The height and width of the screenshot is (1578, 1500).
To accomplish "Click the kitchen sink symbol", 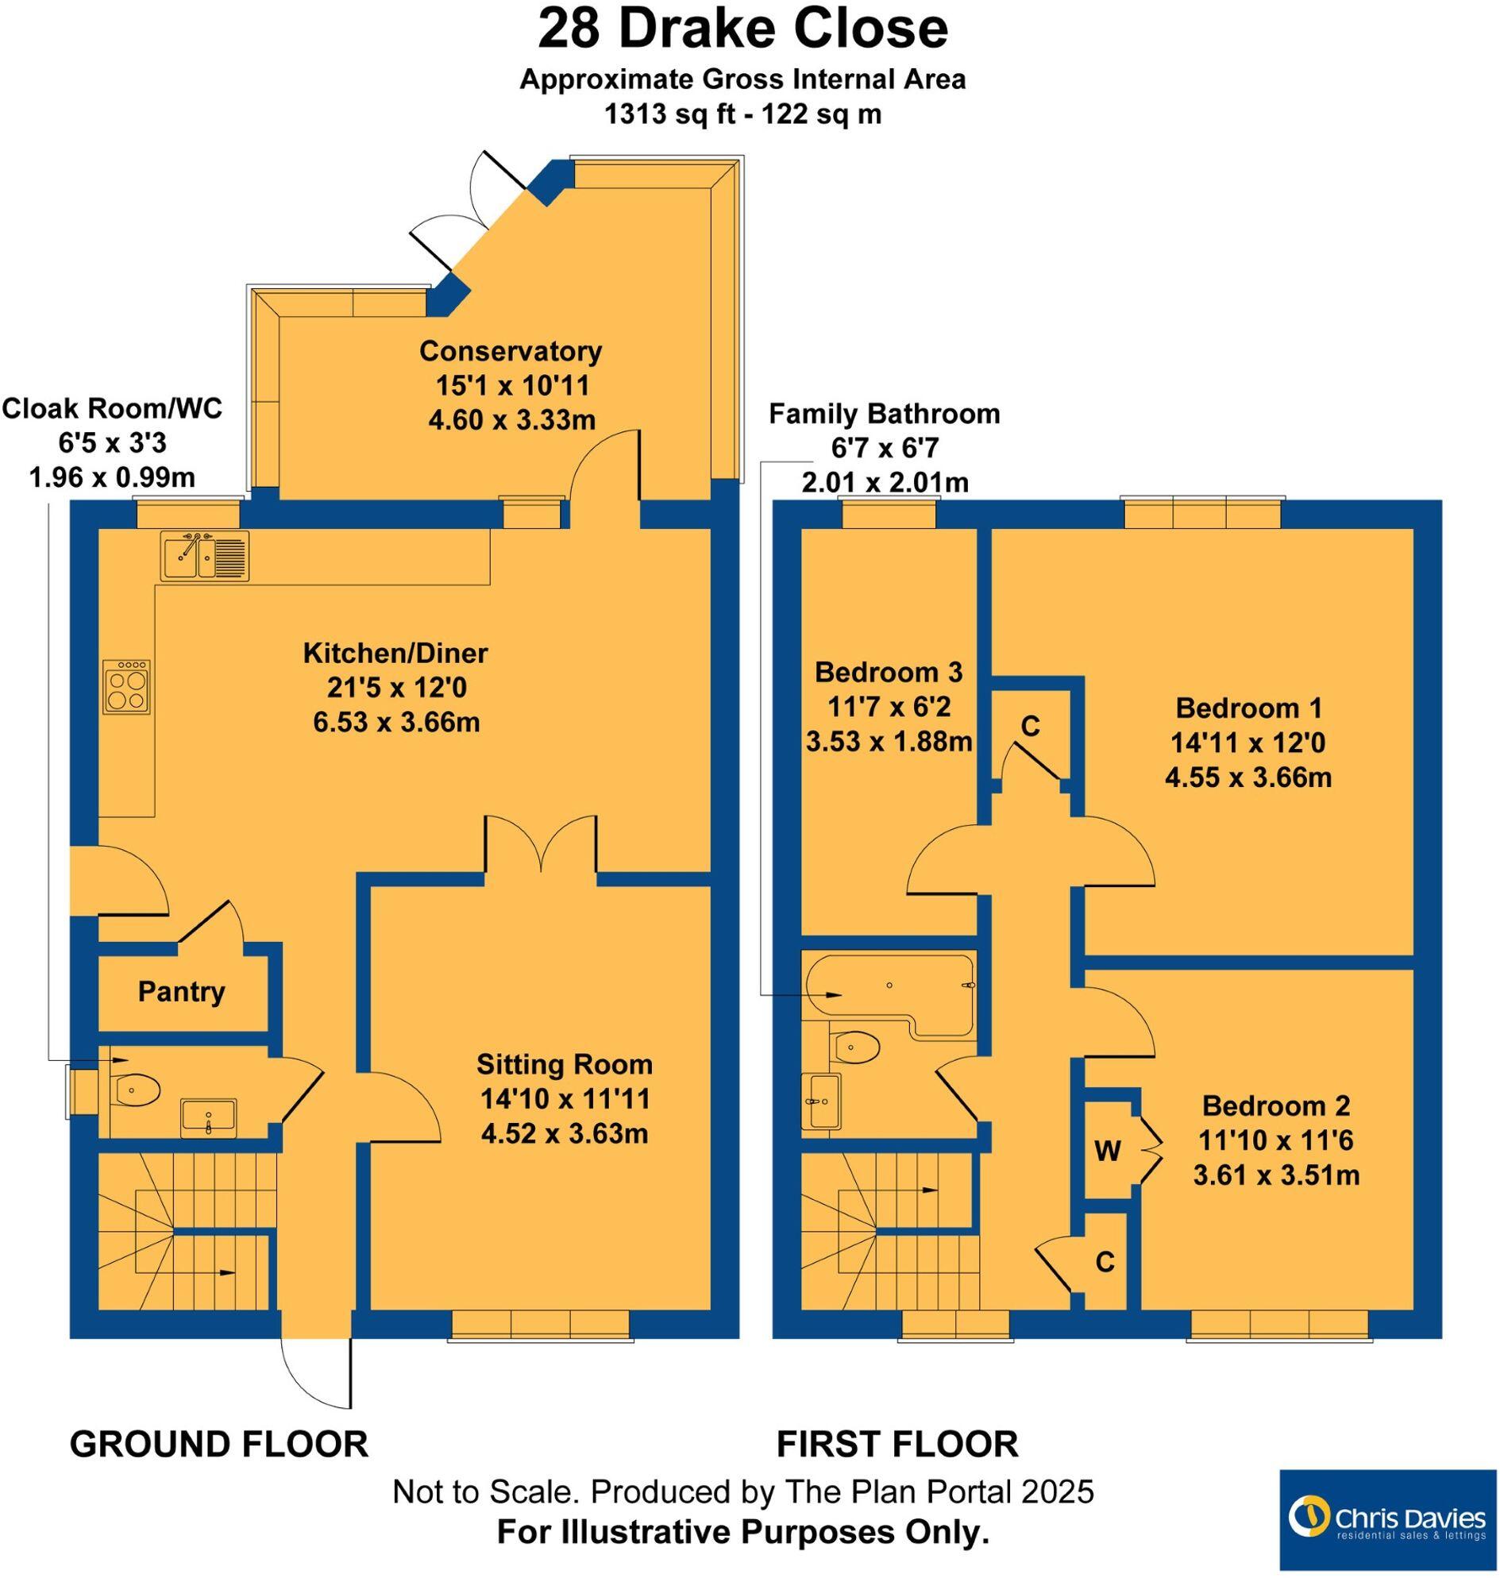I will (205, 555).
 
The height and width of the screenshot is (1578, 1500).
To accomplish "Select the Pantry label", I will (182, 992).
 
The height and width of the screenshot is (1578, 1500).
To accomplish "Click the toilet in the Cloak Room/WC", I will (137, 1089).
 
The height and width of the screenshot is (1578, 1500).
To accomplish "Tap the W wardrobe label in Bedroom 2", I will (1108, 1151).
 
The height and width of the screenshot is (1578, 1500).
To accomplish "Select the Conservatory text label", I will (510, 350).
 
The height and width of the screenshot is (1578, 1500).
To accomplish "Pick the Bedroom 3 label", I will (889, 672).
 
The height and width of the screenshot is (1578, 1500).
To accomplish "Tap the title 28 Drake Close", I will (742, 30).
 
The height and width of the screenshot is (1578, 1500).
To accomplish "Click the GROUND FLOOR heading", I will (219, 1444).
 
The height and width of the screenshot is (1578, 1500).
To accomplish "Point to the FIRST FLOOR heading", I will (897, 1444).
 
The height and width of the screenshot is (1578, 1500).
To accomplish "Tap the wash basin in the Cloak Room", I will (208, 1117).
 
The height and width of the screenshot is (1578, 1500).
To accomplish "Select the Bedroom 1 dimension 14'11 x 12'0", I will (1247, 743).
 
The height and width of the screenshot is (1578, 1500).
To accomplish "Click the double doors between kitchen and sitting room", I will (542, 847).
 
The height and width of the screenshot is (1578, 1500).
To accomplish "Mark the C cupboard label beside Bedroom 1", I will (1031, 725).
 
